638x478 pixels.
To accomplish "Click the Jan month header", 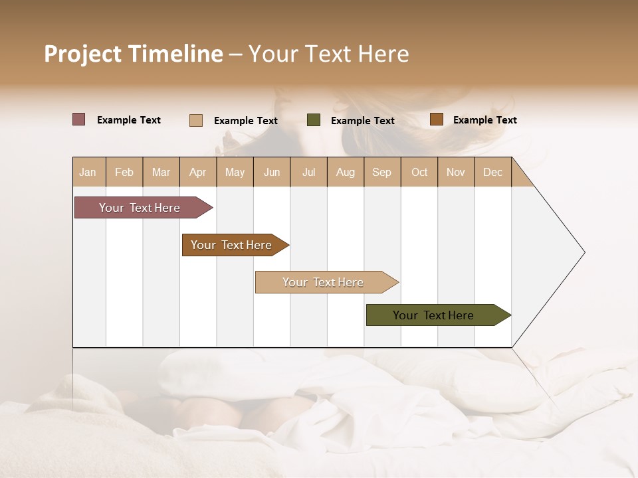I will pos(88,172).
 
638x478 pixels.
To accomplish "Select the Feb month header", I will pos(124,172).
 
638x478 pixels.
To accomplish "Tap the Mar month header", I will pos(161,172).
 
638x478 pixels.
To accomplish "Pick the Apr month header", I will pos(198,172).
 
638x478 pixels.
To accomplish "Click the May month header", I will pos(235,172).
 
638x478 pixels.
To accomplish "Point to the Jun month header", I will pos(272,172).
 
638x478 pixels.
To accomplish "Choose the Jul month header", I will pos(308,172).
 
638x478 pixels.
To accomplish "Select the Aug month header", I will pos(346,172).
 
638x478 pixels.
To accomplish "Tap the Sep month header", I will pos(382,172).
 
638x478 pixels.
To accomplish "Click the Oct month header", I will pos(419,172).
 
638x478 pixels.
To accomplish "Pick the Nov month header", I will pos(456,172).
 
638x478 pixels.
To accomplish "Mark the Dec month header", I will pos(493,172).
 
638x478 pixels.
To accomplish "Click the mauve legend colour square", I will pos(79,119).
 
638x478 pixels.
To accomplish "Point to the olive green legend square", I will pos(314,120).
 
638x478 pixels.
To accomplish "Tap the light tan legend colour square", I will pos(196,120).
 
